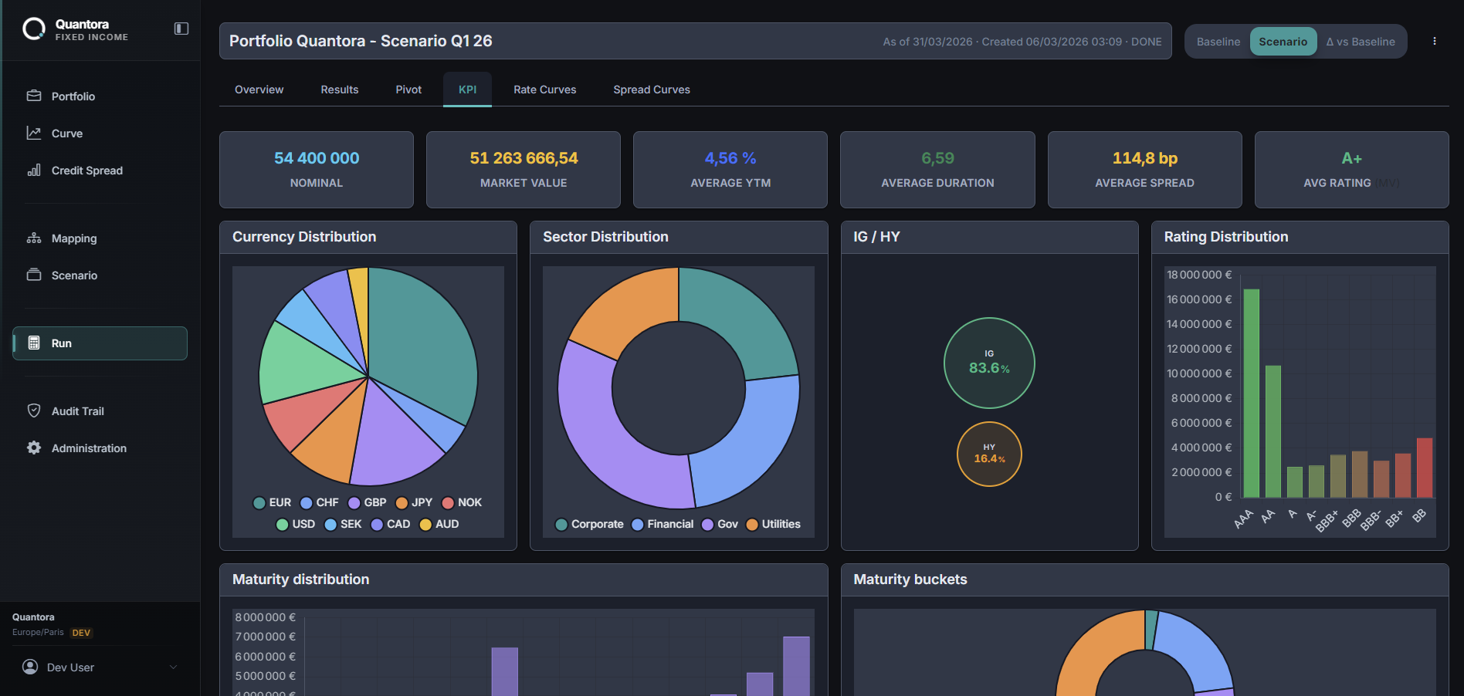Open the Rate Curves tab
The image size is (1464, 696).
544,90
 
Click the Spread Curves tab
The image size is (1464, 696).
651,90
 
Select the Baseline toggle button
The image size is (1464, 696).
1218,42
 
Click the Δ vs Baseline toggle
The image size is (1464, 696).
1361,42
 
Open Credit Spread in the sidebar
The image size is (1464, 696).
86,171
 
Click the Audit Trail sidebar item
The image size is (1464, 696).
77,411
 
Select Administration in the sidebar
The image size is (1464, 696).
89,448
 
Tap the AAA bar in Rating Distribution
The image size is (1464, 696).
1251,394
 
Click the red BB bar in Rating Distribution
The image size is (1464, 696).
1424,468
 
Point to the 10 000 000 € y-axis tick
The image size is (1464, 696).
1199,373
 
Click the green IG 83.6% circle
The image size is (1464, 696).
989,363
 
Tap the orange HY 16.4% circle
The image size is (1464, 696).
989,454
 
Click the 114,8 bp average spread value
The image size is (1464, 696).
1144,158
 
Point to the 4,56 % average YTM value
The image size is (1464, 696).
730,158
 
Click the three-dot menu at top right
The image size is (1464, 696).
1434,42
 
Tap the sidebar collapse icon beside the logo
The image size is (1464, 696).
181,29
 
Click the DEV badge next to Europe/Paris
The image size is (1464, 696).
81,633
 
